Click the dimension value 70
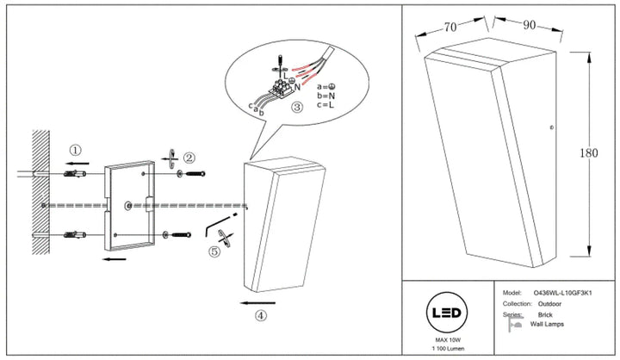tap(450, 27)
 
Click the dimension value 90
tap(530, 25)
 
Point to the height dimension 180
tap(589, 152)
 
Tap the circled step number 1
tap(75, 151)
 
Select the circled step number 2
tap(189, 158)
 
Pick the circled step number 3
tap(297, 107)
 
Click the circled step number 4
tap(260, 316)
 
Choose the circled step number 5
tap(214, 251)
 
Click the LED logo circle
tap(447, 313)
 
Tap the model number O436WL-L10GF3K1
tap(562, 293)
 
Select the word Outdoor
tap(549, 304)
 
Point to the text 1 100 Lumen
tap(449, 349)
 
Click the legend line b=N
tap(325, 96)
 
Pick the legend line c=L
tap(325, 105)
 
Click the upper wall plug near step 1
tap(75, 173)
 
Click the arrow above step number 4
tap(257, 303)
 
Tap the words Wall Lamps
tap(547, 324)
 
